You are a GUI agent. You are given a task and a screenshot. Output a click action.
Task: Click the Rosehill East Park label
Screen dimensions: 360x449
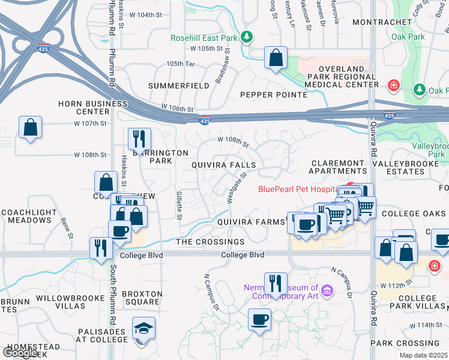205,37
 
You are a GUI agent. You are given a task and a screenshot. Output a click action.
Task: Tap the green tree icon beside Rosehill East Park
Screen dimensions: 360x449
246,37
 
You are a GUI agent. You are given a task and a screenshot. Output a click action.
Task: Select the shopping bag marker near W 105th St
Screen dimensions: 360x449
276,58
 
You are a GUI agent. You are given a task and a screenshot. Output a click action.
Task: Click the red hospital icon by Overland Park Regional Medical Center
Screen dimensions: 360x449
394,86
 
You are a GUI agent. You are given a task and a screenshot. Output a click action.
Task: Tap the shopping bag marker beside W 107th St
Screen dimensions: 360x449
30,128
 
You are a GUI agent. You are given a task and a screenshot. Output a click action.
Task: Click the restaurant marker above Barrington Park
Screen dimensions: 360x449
139,139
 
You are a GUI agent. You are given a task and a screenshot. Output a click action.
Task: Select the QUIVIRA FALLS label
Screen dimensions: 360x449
223,165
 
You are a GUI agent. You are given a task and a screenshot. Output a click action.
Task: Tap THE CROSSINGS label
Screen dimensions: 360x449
210,242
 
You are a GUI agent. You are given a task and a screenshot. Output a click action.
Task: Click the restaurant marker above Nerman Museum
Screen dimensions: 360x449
276,283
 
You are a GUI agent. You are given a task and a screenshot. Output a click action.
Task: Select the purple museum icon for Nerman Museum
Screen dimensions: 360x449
327,292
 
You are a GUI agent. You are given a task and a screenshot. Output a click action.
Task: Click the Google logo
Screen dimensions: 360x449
20,353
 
